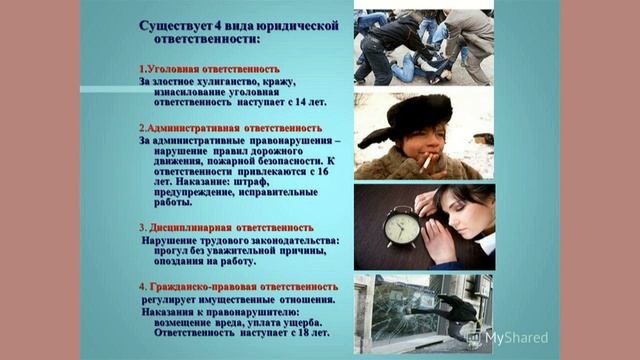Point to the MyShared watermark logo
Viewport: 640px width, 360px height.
click(516, 336)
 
